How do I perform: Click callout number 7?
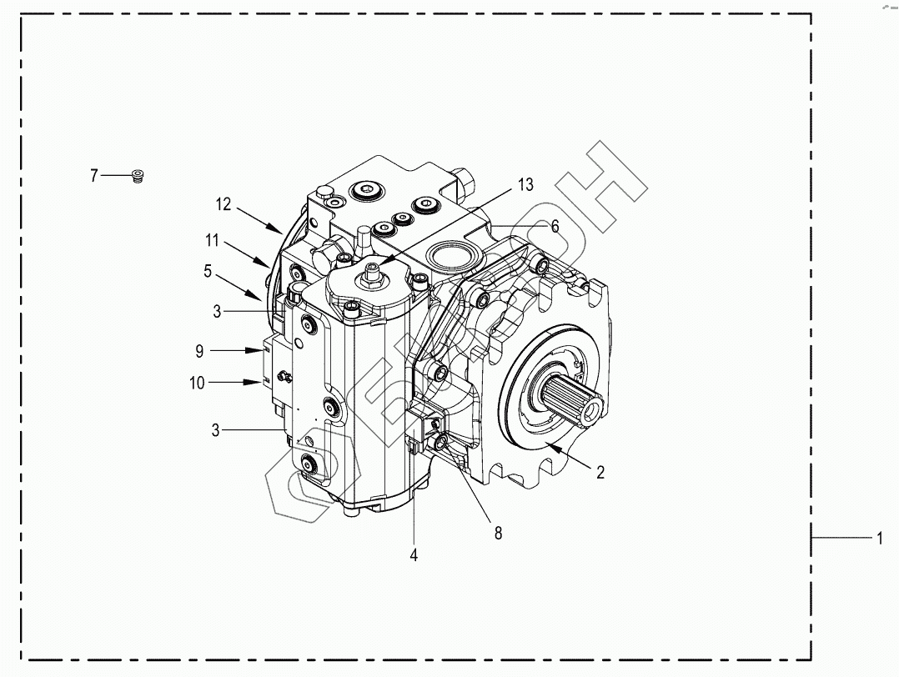coord(94,175)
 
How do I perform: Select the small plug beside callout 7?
coord(138,175)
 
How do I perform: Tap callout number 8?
coord(498,533)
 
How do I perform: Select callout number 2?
coord(600,473)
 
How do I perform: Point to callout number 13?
coord(525,184)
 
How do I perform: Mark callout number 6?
coord(554,226)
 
